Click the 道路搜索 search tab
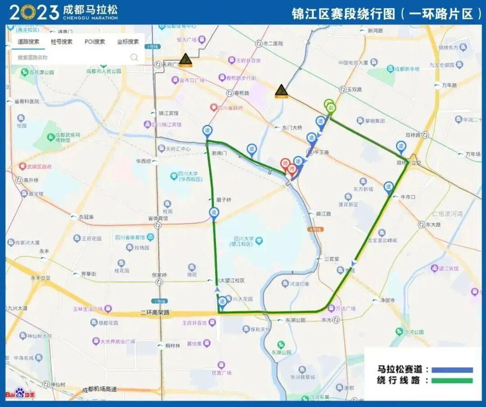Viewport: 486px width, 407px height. (28, 42)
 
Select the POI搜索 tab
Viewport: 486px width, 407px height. (94, 42)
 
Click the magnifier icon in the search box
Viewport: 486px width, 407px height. (134, 57)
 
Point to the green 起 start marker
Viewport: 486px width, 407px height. (331, 107)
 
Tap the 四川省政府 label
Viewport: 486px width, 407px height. (230, 108)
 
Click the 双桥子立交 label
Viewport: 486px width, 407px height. (408, 163)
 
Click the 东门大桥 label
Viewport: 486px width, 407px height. (292, 128)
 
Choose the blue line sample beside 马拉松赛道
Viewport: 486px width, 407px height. (452, 370)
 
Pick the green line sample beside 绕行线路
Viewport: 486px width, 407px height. (452, 381)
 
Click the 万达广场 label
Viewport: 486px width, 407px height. (346, 309)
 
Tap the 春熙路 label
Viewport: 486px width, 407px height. (241, 93)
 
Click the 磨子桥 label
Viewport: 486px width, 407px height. (223, 200)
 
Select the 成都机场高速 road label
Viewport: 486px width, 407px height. (99, 389)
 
